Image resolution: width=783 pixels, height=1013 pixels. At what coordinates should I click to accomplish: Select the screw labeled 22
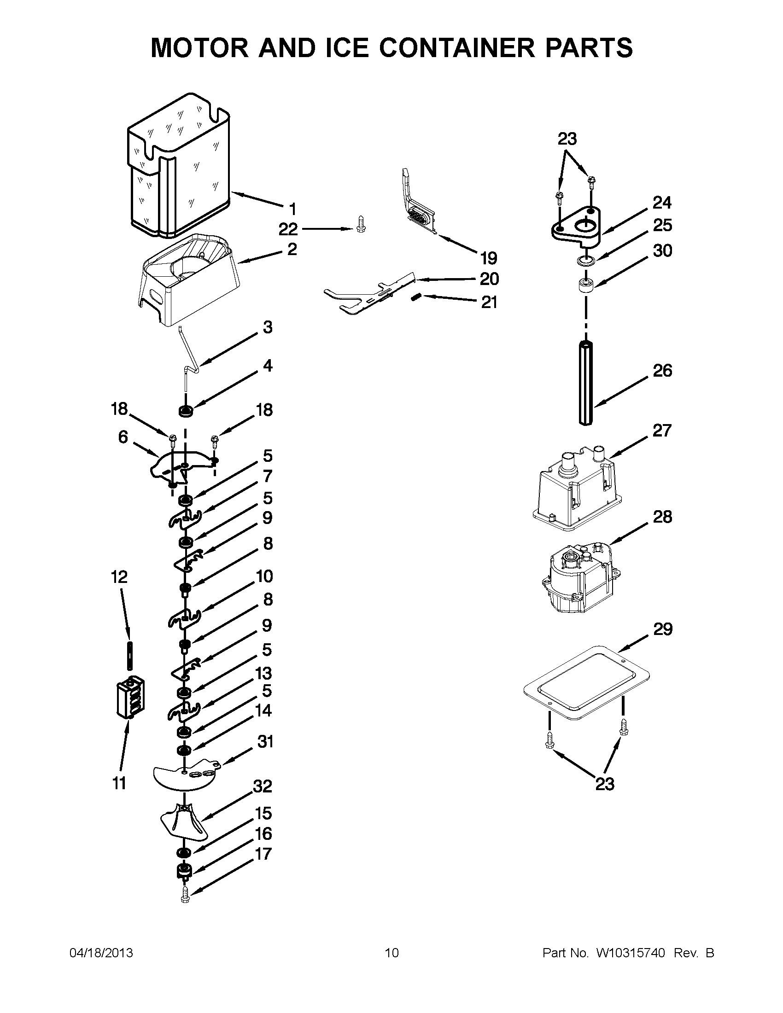tap(360, 224)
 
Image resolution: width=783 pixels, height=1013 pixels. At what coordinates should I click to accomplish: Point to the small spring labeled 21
tap(415, 298)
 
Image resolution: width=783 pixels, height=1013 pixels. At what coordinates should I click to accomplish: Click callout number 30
tap(662, 251)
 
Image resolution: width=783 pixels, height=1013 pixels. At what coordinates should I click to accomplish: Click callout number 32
tap(263, 786)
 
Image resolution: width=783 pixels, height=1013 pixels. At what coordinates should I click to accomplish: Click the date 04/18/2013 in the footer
tap(101, 953)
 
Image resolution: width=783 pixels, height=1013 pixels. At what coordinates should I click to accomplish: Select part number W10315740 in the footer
tap(631, 953)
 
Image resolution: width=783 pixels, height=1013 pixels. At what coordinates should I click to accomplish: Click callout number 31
tap(265, 742)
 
